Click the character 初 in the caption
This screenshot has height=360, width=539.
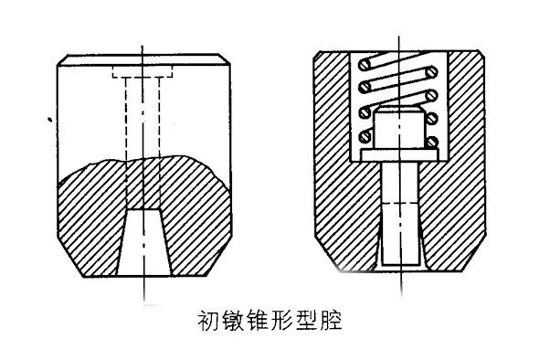coord(208,321)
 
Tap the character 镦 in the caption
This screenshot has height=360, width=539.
coord(233,321)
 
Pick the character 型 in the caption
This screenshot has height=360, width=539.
coord(307,321)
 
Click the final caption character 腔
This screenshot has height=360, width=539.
coord(331,321)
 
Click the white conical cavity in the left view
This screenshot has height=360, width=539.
coord(144,242)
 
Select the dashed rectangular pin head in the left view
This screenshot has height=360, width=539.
coord(143,72)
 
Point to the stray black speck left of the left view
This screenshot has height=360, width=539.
coord(50,120)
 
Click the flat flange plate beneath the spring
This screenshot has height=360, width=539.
coord(399,154)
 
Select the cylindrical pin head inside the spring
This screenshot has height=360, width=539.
coord(398,128)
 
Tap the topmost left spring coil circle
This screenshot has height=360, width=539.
coord(365,64)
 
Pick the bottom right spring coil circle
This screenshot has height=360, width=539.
coord(432,142)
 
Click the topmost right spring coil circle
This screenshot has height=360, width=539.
coord(431,72)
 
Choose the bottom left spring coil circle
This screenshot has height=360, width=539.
coord(365,137)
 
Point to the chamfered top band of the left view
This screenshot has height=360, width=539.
coord(143,59)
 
